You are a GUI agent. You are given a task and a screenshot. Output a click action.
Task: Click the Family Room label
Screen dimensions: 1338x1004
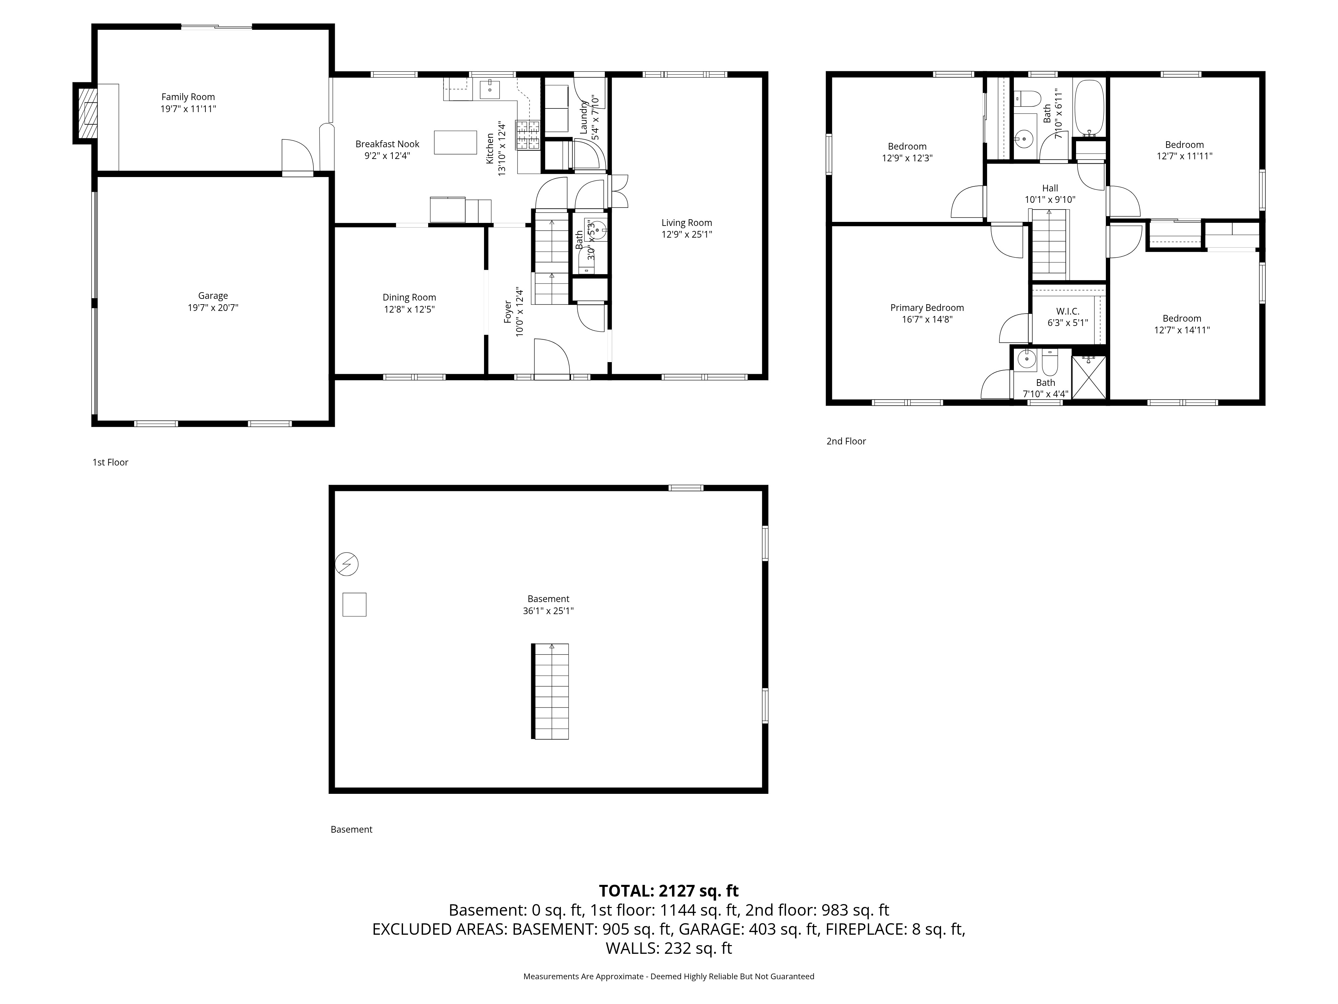point(188,97)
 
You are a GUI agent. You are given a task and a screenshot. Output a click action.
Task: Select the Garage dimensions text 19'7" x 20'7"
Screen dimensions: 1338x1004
point(213,308)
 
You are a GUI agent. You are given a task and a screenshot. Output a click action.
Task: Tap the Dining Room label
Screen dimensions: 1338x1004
point(409,297)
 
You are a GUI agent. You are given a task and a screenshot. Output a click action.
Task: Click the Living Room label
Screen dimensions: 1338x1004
point(686,223)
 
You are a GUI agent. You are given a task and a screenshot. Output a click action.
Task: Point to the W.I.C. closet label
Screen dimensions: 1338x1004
point(1068,311)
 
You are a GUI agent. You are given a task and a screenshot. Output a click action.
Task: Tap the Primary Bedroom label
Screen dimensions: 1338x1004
point(927,308)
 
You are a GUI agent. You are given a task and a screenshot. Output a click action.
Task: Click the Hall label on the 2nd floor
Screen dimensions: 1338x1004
point(1050,188)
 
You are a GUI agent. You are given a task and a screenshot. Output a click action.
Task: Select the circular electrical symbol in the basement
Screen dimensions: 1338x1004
point(347,564)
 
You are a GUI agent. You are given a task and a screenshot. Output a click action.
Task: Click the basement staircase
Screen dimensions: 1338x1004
point(550,691)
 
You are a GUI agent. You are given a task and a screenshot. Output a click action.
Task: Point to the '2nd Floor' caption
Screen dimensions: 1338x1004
point(846,441)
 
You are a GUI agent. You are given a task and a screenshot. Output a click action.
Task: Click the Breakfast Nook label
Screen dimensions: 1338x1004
point(387,144)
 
